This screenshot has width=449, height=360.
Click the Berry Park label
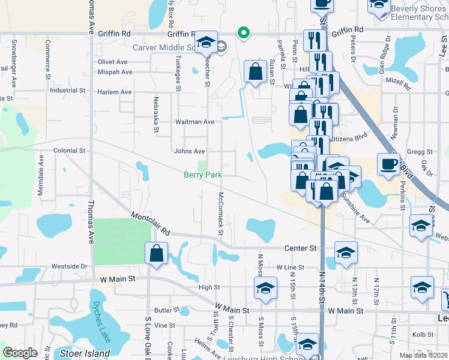(203, 175)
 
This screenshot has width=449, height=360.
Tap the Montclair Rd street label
(150, 224)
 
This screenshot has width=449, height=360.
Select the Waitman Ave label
(194, 122)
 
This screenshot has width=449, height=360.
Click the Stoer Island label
(85, 353)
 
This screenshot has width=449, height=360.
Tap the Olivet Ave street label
(113, 62)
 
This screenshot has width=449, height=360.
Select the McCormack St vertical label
(221, 214)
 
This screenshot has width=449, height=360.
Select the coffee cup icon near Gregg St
(388, 164)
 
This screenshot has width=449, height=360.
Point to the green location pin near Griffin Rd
(243, 32)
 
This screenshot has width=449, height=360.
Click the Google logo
(20, 353)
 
